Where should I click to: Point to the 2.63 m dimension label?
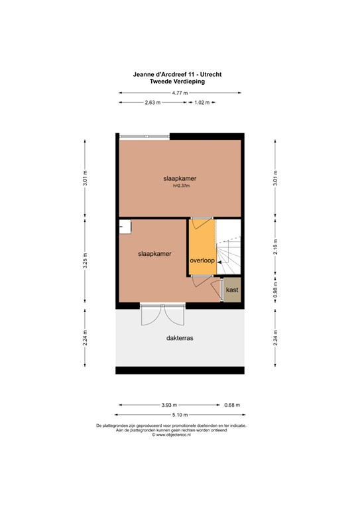(153, 103)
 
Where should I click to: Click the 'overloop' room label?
(202, 260)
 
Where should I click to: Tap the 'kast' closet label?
(232, 290)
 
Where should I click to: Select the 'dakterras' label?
(180, 337)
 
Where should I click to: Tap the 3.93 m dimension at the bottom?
(170, 405)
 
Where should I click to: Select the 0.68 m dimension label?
(232, 405)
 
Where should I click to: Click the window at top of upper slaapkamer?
(145, 137)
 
